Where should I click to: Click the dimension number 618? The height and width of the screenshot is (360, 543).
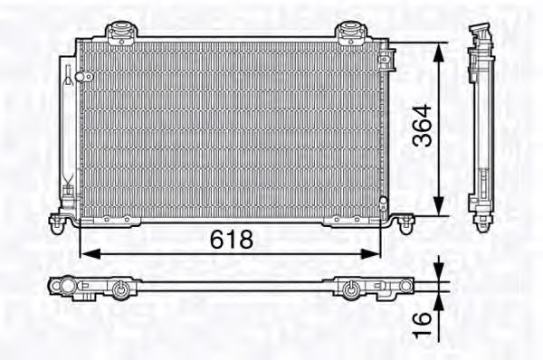pos(231,239)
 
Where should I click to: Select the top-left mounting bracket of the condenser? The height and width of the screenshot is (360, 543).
pos(119,33)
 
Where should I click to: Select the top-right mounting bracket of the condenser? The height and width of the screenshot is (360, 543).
pos(348,33)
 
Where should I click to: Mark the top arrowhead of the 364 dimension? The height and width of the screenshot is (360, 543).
pos(439,51)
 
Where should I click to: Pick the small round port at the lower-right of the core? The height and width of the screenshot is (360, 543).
pos(384,201)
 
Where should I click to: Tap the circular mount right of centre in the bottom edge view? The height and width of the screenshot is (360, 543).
pos(350,289)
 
